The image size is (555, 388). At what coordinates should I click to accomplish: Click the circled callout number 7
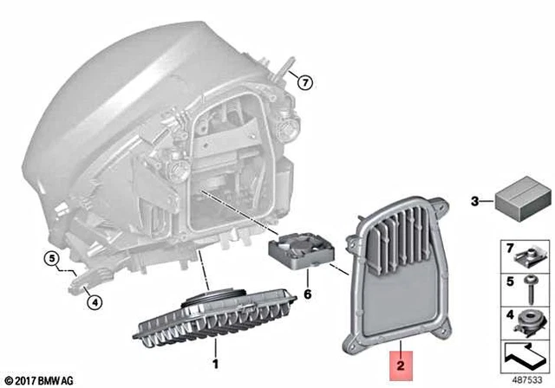pos(304,83)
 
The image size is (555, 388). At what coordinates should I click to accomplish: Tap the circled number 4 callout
pos(93,301)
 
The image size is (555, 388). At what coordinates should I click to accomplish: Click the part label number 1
pos(216,355)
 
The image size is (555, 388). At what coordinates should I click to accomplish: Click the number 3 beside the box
pos(474,202)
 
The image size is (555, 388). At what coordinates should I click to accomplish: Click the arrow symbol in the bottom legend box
pos(526,354)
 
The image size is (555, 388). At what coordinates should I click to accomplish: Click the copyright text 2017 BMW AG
pos(40,379)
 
